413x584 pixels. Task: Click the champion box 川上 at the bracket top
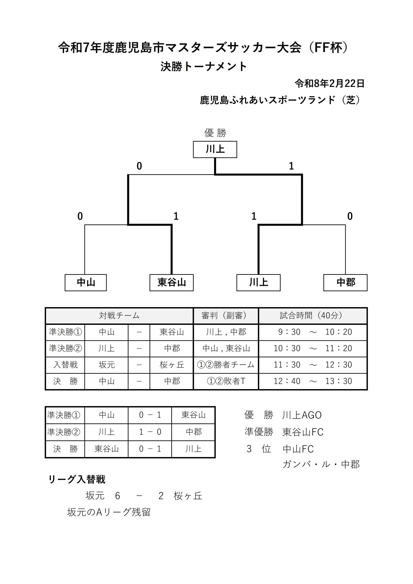pos(215,149)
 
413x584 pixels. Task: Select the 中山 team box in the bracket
pos(86,282)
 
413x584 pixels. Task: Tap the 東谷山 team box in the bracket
pos(171,282)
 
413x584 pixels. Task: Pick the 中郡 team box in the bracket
pos(345,282)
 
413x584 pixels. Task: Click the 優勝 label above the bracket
pos(215,133)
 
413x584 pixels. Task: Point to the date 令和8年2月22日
pos(329,83)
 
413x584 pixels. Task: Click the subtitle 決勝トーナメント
pos(204,67)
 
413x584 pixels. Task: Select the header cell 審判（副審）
pos(225,316)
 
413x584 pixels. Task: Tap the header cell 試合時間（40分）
pos(312,316)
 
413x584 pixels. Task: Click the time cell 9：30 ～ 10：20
pos(312,332)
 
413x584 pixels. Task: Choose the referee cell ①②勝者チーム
pos(225,365)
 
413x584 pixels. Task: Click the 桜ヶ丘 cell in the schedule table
pos(172,365)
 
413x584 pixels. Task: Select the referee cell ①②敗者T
pos(225,381)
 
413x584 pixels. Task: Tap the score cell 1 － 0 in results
pos(150,432)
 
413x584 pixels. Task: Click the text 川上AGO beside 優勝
pos(302,415)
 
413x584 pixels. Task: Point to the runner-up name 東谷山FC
pos(303,432)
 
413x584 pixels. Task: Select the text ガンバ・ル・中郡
pos(321,464)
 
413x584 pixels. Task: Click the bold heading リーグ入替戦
pos(77,480)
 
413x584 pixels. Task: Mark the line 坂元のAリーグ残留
pos(109,512)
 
